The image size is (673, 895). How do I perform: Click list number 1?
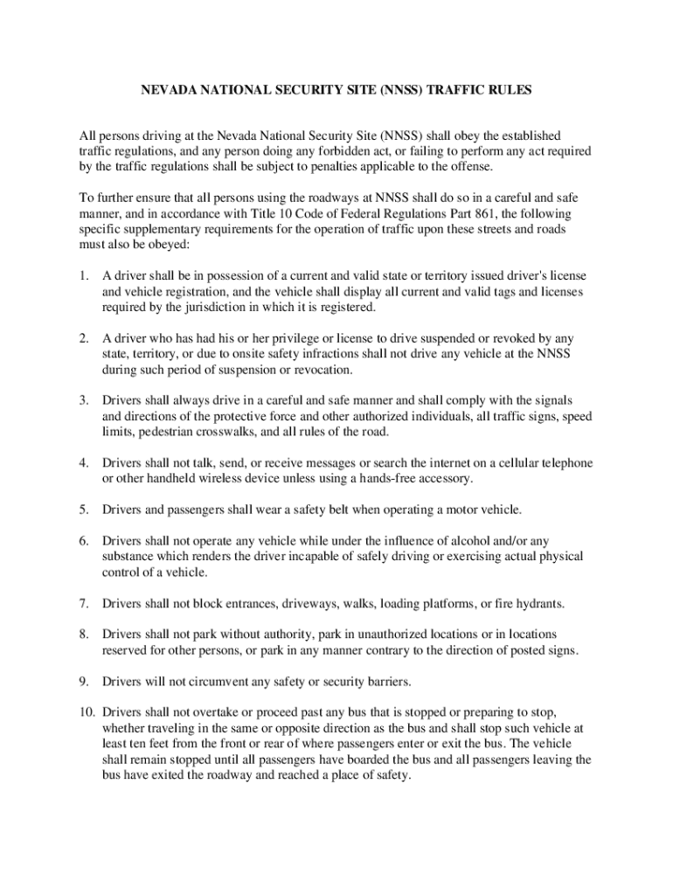point(84,276)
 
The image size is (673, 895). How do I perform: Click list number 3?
point(84,400)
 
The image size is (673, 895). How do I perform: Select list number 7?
point(84,603)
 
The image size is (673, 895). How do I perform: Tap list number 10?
point(87,712)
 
